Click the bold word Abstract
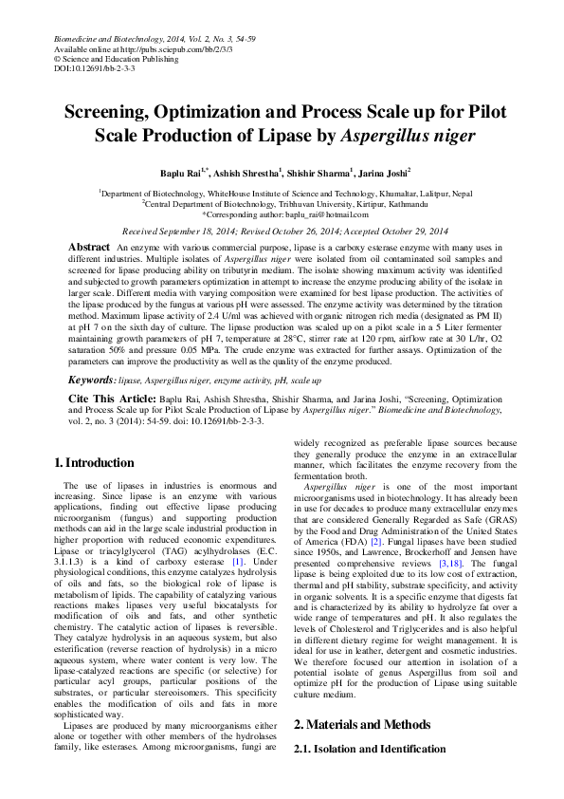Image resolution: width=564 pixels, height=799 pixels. pyautogui.click(x=90, y=247)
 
